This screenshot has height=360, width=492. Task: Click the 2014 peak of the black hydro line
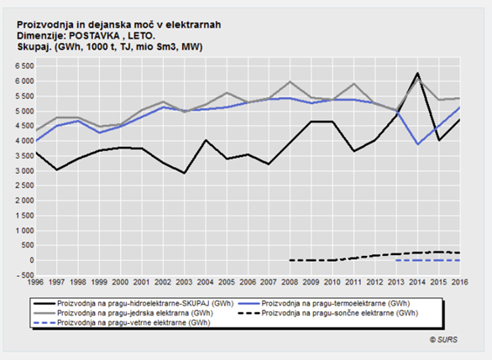tap(417, 73)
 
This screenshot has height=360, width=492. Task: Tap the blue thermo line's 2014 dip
tap(418, 144)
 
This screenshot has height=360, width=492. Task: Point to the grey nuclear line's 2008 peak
tap(290, 82)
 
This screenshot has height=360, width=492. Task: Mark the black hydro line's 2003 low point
tap(184, 173)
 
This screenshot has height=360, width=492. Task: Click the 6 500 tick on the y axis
tap(24, 66)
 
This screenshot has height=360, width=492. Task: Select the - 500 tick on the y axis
tap(24, 275)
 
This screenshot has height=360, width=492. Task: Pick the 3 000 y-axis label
tap(24, 171)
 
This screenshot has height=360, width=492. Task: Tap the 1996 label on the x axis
tap(35, 282)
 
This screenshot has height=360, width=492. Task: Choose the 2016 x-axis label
tap(459, 282)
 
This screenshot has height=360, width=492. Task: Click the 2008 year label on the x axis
tap(290, 282)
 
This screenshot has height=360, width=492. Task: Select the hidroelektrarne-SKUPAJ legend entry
tap(133, 304)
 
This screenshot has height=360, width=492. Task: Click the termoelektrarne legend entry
tap(324, 304)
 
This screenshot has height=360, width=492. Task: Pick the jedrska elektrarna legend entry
tap(123, 313)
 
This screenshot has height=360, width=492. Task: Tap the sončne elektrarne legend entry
tap(328, 313)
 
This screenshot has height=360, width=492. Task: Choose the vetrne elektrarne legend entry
tap(122, 323)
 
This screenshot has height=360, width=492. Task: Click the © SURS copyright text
tap(443, 340)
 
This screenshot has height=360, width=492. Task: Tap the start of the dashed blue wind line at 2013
tap(396, 260)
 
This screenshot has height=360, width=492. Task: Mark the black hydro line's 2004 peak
tap(206, 140)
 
